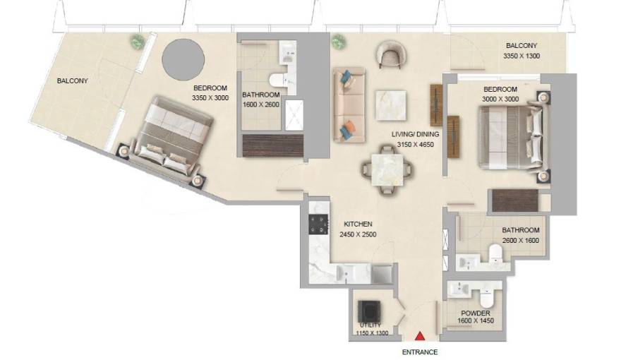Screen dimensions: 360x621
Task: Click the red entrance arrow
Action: [420, 337]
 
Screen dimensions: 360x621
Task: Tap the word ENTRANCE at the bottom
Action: [420, 352]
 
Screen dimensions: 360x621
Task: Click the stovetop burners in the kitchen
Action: [319, 225]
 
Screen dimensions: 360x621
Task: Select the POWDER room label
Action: [476, 313]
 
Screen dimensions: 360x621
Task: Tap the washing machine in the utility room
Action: [370, 310]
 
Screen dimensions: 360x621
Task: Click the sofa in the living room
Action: [348, 106]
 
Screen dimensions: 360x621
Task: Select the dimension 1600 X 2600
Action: [261, 104]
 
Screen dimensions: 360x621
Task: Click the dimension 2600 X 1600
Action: [521, 240]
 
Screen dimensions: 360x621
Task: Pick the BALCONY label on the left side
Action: [73, 81]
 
